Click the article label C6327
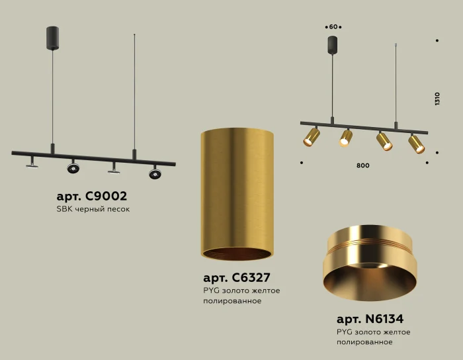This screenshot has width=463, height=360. [x=236, y=278]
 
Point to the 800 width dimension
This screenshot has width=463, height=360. [x=362, y=165]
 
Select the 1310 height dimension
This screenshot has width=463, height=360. [x=437, y=99]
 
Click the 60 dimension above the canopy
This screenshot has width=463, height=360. [x=333, y=27]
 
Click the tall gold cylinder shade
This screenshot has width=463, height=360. [x=236, y=192]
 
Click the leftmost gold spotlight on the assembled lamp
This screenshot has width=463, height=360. [x=311, y=138]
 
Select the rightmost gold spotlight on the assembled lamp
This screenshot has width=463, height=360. [x=416, y=144]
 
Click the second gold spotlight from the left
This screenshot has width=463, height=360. [x=345, y=138]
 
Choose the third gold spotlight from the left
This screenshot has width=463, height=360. [x=384, y=141]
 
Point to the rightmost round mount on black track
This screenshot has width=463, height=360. [x=155, y=173]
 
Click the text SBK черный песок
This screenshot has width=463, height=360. [x=93, y=209]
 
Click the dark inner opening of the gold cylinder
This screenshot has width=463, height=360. [x=236, y=255]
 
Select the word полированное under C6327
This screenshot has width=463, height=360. [x=232, y=301]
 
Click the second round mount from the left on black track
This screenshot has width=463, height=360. [x=73, y=169]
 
